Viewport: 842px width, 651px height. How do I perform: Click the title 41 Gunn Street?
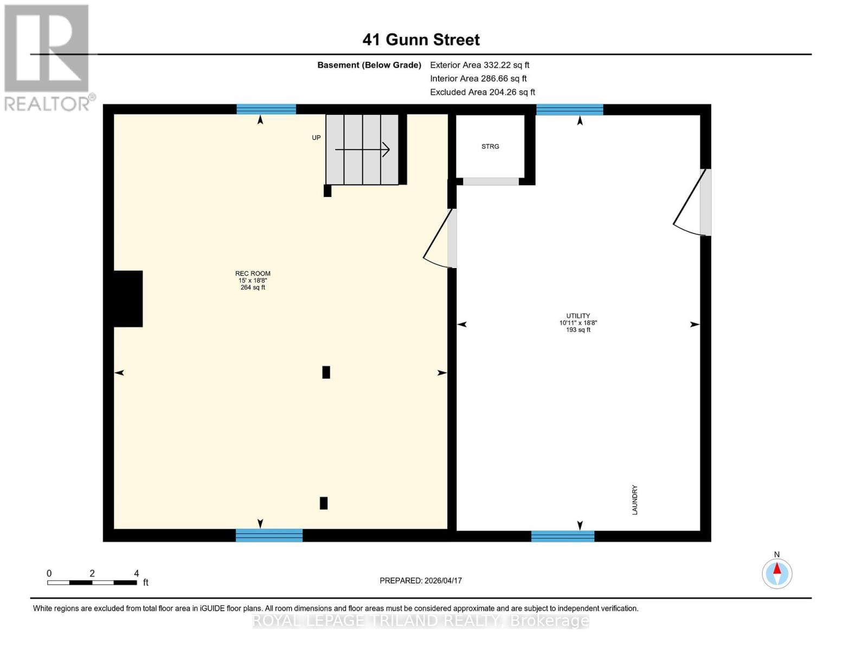421,40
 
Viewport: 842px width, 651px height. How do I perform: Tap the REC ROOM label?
253,274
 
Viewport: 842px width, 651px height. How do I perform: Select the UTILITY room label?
578,316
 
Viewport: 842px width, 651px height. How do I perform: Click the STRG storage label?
490,146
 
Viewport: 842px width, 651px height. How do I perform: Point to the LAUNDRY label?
634,500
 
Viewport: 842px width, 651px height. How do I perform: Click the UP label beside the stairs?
316,138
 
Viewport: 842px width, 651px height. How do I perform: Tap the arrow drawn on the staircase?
362,150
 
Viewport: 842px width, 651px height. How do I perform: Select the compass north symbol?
777,573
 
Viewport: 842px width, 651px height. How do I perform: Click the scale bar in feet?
92,582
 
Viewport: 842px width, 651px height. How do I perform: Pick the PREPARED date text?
421,580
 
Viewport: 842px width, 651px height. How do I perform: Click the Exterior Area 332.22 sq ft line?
479,65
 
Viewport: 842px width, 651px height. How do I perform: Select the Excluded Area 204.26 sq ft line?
483,92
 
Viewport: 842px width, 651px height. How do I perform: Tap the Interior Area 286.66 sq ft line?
478,79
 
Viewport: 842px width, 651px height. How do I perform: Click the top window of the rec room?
266,109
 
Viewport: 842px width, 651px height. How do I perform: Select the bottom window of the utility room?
563,536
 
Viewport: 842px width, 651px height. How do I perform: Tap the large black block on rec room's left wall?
128,299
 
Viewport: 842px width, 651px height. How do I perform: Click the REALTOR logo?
48,57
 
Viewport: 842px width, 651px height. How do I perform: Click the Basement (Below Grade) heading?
369,65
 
